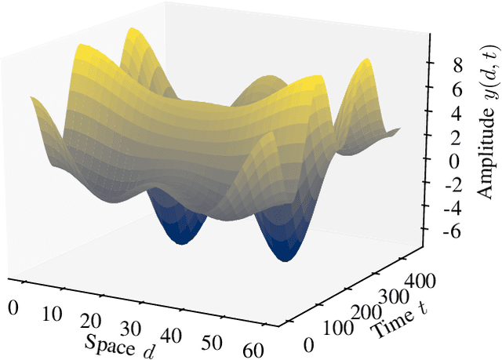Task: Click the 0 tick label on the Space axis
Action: pyautogui.click(x=13, y=305)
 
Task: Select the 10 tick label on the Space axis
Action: pyautogui.click(x=51, y=313)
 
